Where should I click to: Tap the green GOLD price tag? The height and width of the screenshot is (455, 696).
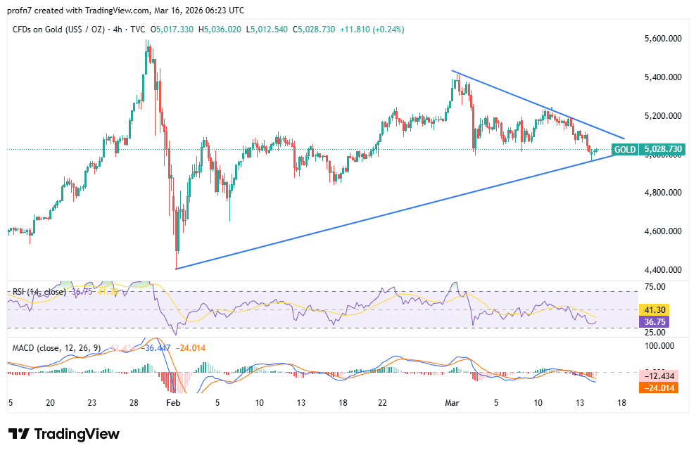625,150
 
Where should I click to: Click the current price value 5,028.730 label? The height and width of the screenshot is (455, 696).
663,150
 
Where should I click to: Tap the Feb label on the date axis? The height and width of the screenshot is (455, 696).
172,403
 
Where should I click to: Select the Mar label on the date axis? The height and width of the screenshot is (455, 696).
452,403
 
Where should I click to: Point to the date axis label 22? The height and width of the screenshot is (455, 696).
382,403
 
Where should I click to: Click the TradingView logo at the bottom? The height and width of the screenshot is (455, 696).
64,434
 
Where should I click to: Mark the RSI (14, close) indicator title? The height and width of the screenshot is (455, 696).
37,292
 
